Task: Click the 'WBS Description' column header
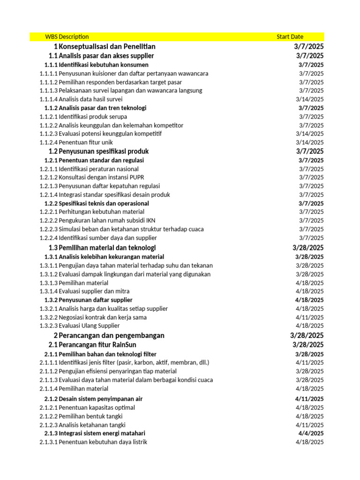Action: pos(67,37)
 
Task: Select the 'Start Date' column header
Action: pos(290,37)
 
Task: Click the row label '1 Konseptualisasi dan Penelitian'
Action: pos(104,46)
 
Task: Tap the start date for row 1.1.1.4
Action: pos(309,99)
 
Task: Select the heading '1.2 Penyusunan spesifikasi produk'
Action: pos(98,151)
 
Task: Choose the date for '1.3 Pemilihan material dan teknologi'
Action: pos(307,247)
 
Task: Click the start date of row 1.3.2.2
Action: pos(309,317)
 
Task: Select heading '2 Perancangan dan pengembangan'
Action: pos(109,336)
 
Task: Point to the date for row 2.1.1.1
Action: pos(309,362)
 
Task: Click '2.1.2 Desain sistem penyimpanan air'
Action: pos(93,398)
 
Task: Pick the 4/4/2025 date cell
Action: pos(311,433)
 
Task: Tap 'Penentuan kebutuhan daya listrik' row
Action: pos(103,442)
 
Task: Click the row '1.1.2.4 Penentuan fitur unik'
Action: pos(76,142)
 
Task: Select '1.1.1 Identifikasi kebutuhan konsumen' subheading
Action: pos(96,65)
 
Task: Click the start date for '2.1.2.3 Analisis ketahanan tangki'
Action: pos(309,425)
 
